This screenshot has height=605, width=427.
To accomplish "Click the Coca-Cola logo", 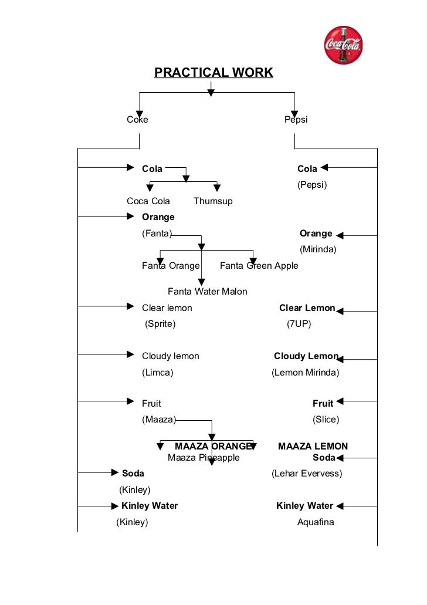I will (344, 45).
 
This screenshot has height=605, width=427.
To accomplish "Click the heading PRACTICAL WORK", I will (213, 73).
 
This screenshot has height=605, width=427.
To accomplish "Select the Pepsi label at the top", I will (296, 120).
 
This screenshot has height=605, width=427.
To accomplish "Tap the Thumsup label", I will (213, 201).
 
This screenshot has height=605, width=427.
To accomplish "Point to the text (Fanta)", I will (157, 234).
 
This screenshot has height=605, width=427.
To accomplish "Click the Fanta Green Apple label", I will (259, 266).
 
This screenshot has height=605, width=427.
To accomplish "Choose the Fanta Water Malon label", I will (208, 292).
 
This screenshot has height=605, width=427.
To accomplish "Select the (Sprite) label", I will (160, 324).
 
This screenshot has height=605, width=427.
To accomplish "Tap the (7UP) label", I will (299, 324).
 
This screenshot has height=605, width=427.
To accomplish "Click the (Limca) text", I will (157, 373).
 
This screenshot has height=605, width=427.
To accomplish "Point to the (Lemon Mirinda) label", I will (305, 373).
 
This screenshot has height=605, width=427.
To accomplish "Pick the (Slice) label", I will (326, 420).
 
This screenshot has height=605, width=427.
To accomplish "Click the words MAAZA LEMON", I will (313, 447).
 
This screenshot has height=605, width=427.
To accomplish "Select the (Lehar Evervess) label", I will (307, 474).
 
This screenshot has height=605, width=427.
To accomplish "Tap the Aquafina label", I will (316, 522).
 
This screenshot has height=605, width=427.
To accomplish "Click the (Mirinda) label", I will (318, 249).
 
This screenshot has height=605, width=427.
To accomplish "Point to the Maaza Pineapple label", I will (204, 458).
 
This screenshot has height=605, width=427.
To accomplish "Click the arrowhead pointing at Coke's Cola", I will (131, 168).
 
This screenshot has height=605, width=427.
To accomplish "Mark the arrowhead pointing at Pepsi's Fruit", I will (340, 402).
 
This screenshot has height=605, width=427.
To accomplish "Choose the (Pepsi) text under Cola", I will (312, 185).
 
